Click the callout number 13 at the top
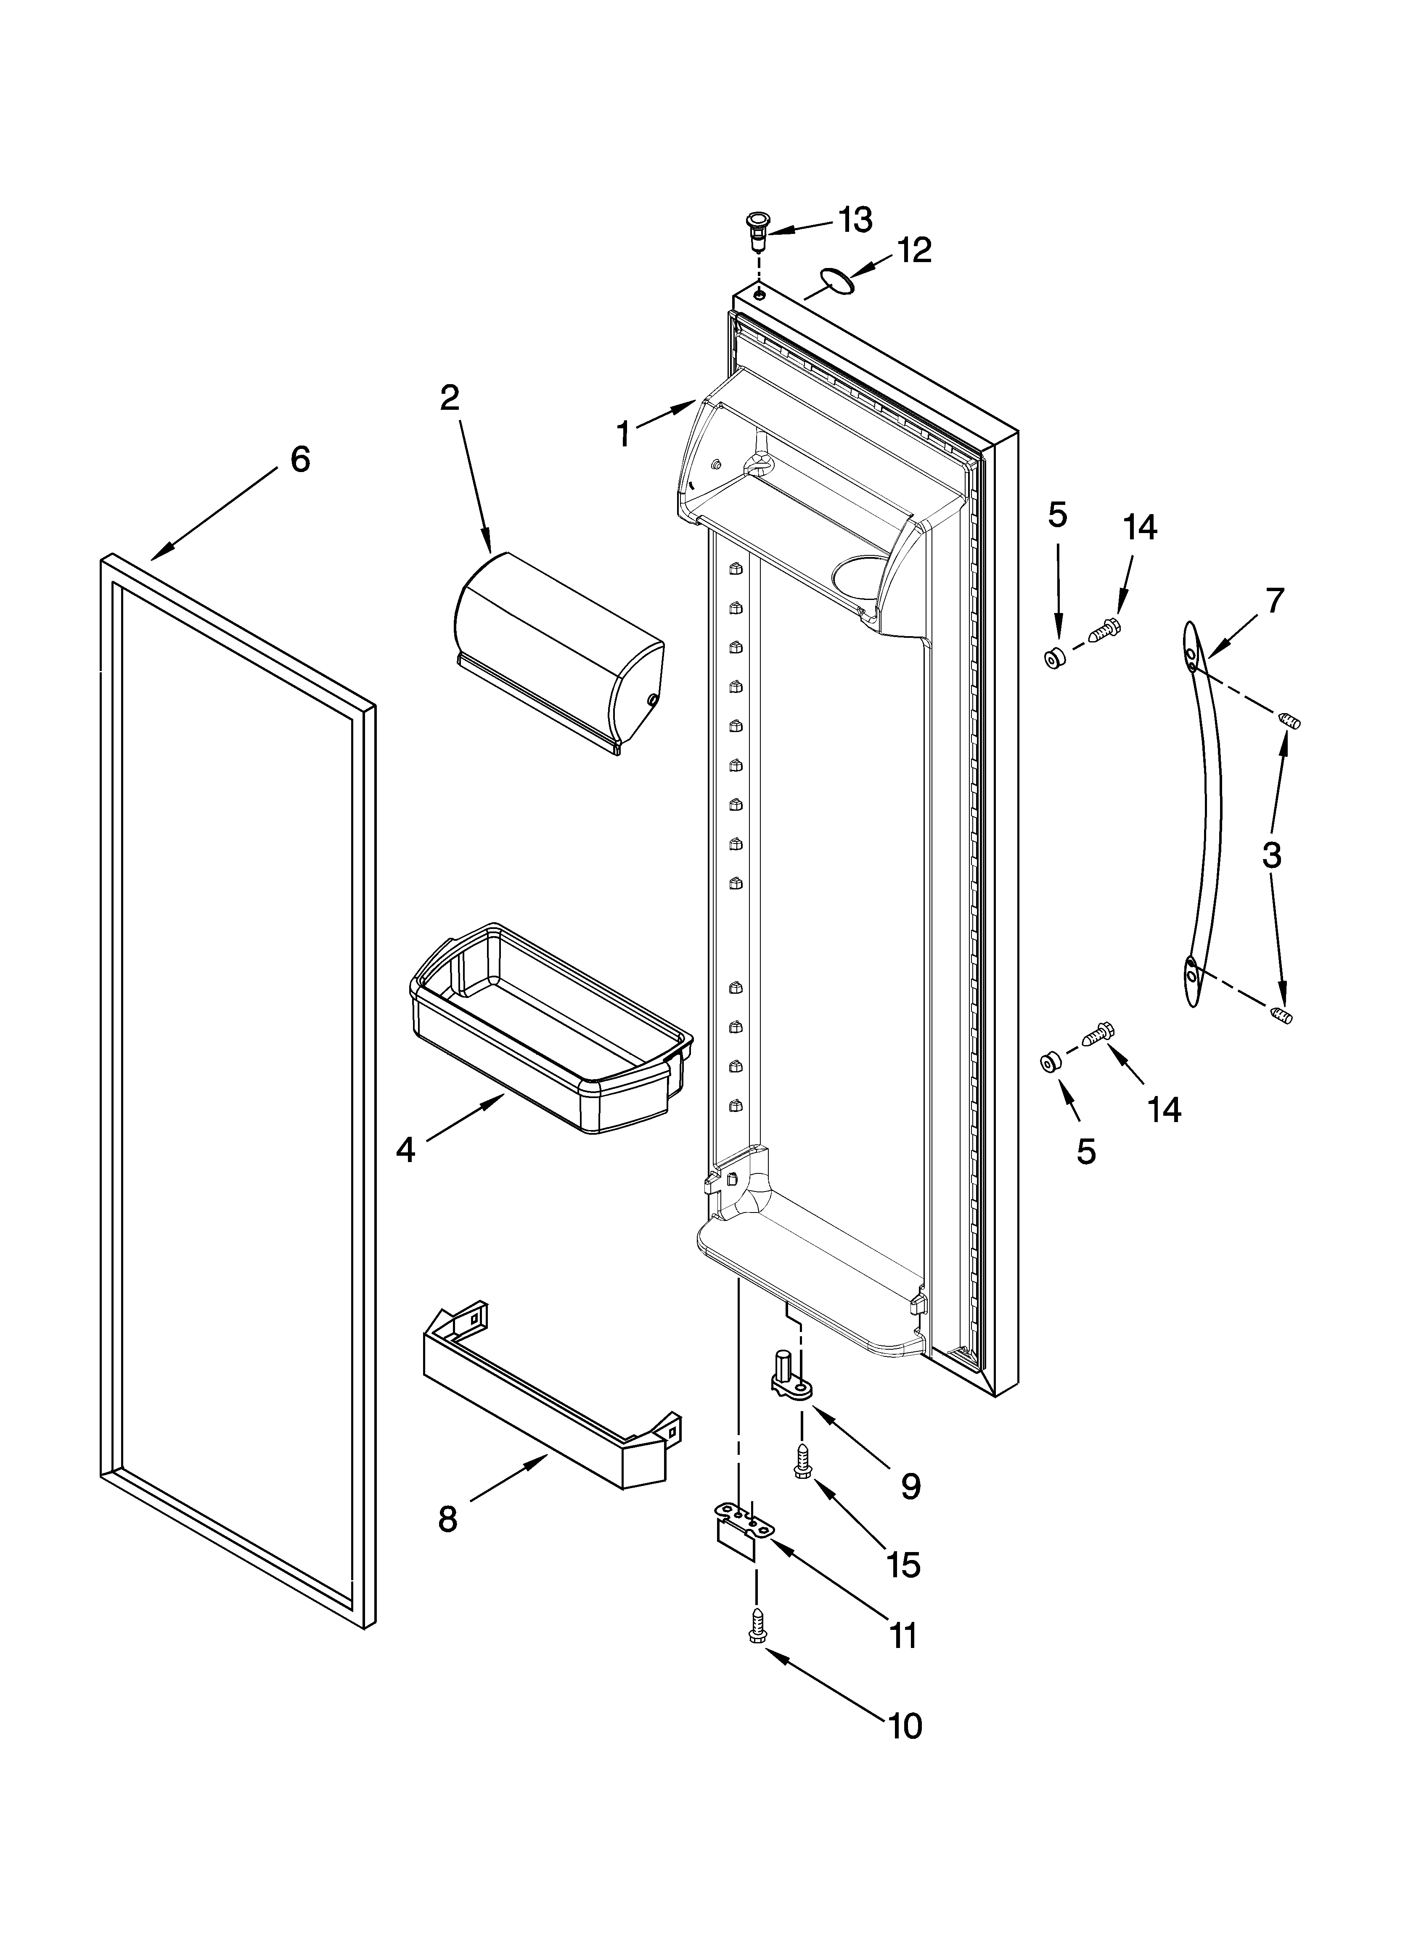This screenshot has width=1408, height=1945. tap(855, 220)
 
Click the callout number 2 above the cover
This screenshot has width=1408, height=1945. tap(449, 398)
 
